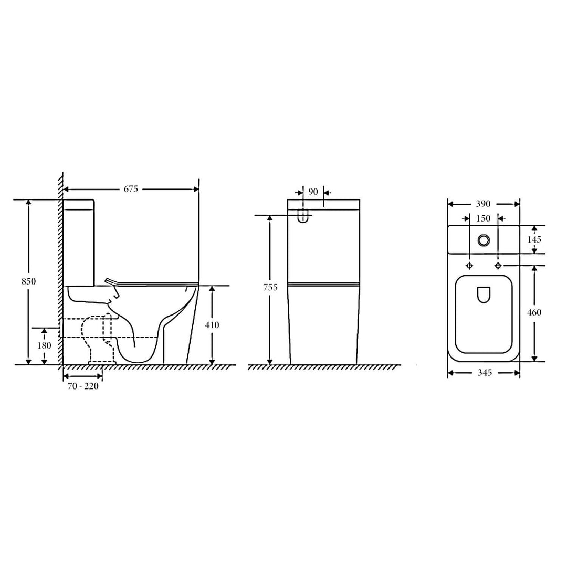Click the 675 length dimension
pyautogui.click(x=131, y=190)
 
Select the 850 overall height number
pyautogui.click(x=29, y=281)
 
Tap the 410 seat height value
pyautogui.click(x=212, y=325)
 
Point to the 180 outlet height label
pyautogui.click(x=44, y=345)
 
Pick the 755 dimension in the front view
pyautogui.click(x=270, y=288)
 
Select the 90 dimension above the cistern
pyautogui.click(x=313, y=192)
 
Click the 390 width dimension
pyautogui.click(x=483, y=204)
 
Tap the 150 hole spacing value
pyautogui.click(x=483, y=218)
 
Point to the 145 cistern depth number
pyautogui.click(x=534, y=239)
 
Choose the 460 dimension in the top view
pyautogui.click(x=534, y=312)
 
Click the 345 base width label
pyautogui.click(x=484, y=373)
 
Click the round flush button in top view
pyautogui.click(x=483, y=239)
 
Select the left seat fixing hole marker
pyautogui.click(x=469, y=265)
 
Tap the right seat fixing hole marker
pyautogui.click(x=498, y=265)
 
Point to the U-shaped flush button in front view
pyautogui.click(x=303, y=216)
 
